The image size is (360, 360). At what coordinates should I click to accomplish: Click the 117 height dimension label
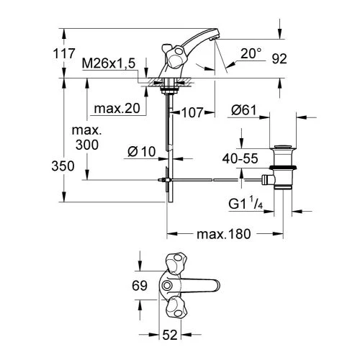pos(64,53)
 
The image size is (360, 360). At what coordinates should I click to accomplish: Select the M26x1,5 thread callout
pos(109,63)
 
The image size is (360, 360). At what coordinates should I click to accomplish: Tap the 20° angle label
pos(251,53)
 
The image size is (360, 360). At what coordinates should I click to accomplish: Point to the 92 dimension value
pos(279,59)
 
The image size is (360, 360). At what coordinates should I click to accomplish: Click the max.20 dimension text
pos(117,109)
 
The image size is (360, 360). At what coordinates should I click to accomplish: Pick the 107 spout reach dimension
pos(192,112)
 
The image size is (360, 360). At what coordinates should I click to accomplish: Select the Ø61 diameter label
pos(244,110)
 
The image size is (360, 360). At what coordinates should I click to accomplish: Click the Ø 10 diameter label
pos(142,152)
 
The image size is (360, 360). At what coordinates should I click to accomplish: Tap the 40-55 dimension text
pos(240,158)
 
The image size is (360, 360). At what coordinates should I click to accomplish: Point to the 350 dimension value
pos(63,166)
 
